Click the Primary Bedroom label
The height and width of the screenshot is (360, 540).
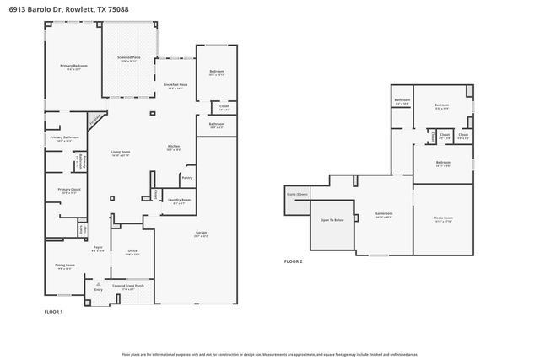pyautogui.click(x=73, y=66)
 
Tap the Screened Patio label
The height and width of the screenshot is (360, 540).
pyautogui.click(x=128, y=57)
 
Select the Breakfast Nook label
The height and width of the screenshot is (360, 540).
pyautogui.click(x=175, y=85)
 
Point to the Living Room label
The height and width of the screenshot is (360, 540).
pyautogui.click(x=121, y=152)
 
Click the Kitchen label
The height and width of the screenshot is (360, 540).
pyautogui.click(x=174, y=146)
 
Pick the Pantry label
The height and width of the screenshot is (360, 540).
pyautogui.click(x=186, y=178)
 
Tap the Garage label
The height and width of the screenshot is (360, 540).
pyautogui.click(x=201, y=233)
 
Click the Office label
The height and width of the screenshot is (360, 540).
pyautogui.click(x=132, y=250)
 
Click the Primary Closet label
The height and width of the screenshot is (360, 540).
pyautogui.click(x=69, y=190)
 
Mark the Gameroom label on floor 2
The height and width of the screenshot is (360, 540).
pyautogui.click(x=384, y=214)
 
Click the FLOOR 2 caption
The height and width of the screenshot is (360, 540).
pyautogui.click(x=293, y=262)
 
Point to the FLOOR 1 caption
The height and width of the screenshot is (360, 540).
pyautogui.click(x=53, y=311)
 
